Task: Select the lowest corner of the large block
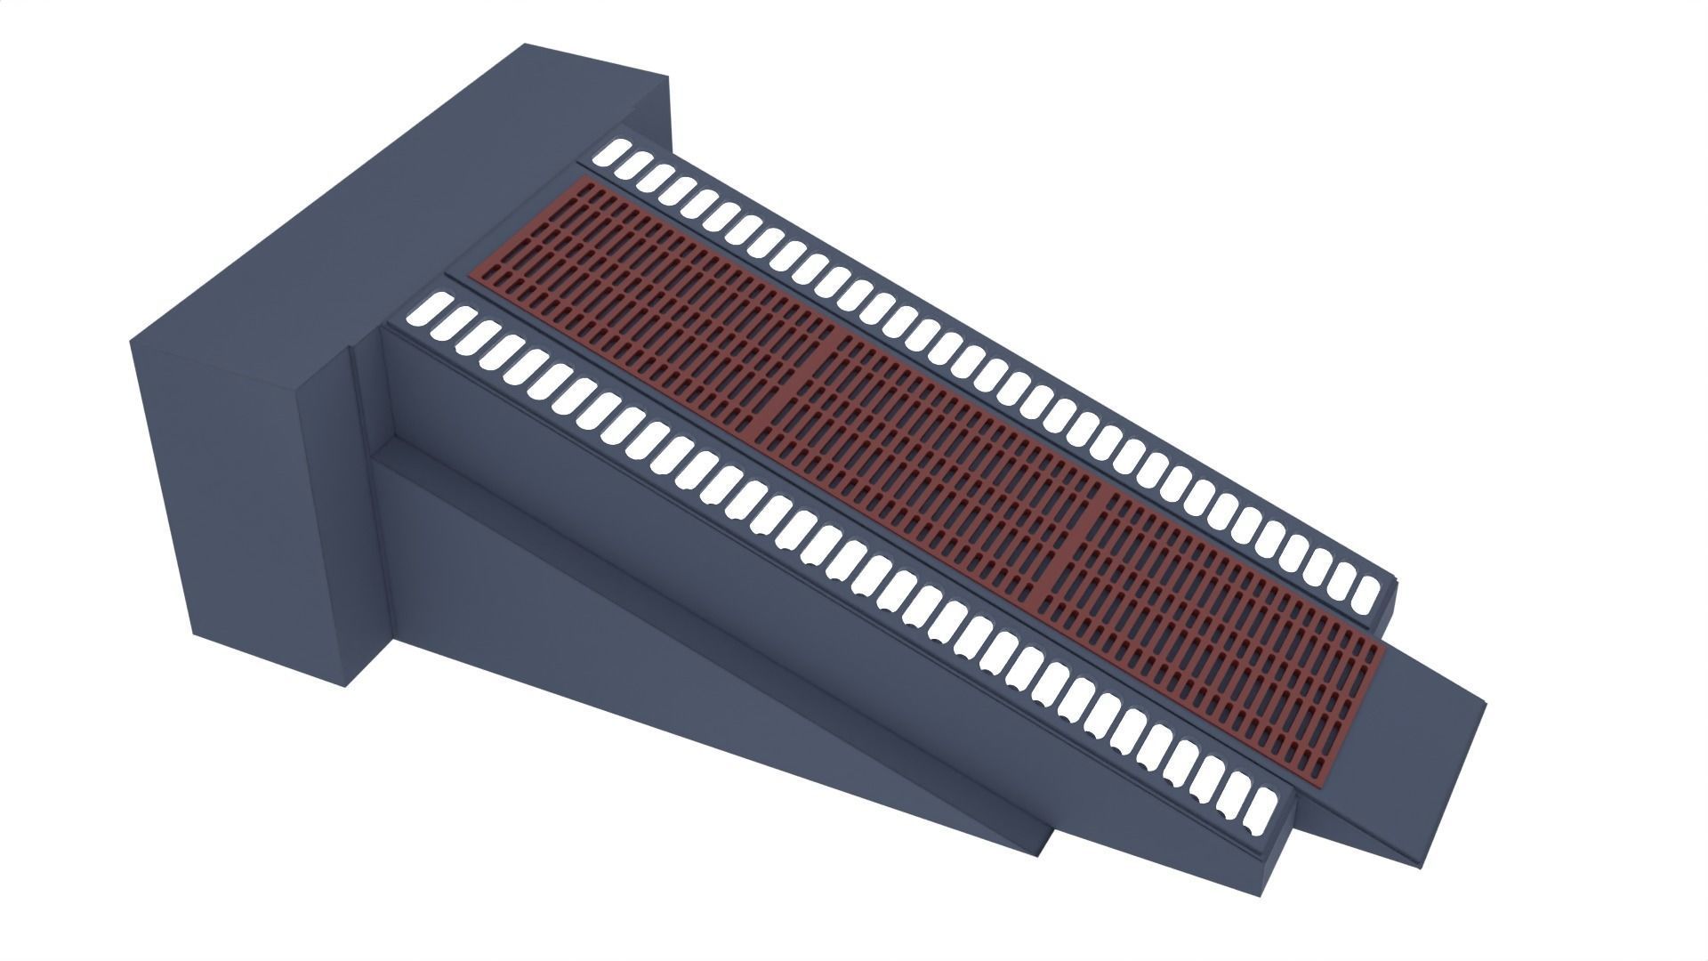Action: click(345, 687)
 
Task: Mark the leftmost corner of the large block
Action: click(131, 340)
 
